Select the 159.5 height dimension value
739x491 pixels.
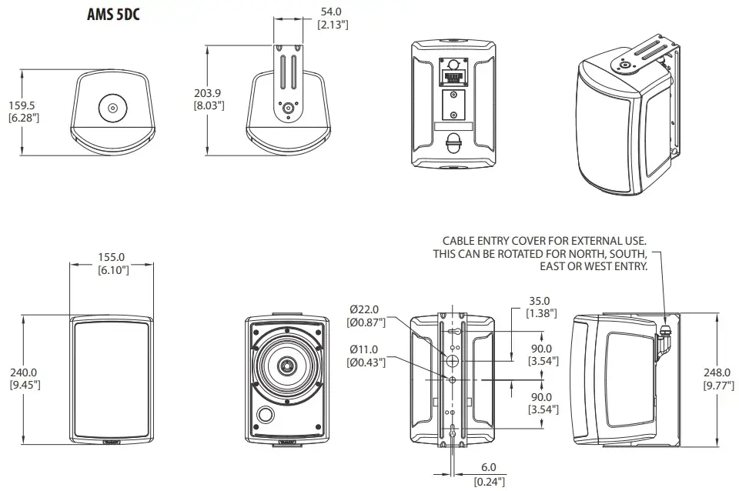(23, 105)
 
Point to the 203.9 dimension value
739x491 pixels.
(209, 92)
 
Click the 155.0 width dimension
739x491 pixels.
(112, 257)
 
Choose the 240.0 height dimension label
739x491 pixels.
(23, 372)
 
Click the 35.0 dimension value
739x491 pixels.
(540, 301)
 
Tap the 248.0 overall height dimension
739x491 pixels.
(718, 372)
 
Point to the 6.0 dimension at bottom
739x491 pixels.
(489, 468)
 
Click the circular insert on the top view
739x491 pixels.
(112, 109)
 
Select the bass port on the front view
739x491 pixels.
(266, 415)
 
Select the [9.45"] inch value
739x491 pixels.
(23, 384)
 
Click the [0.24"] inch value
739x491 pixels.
(489, 481)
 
